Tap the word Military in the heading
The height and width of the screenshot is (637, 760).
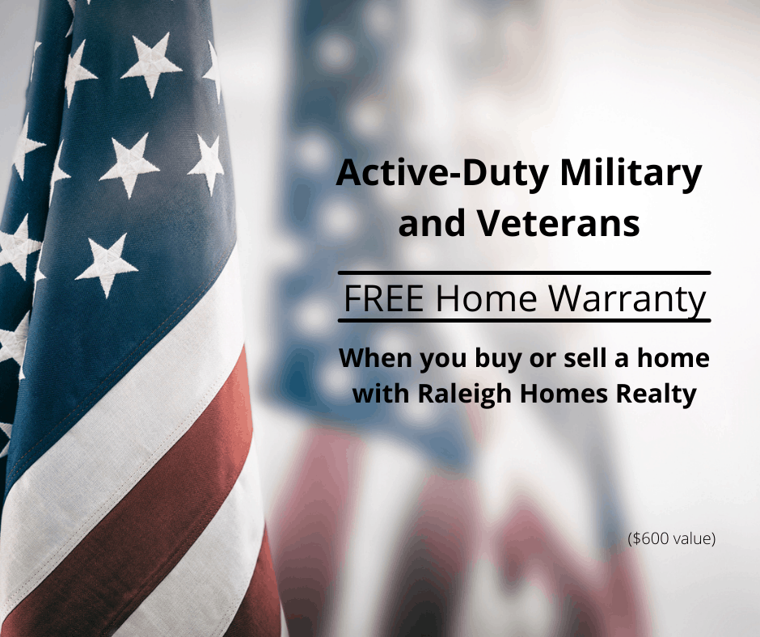(631, 173)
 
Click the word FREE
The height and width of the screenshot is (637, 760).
(384, 298)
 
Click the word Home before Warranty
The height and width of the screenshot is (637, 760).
(486, 298)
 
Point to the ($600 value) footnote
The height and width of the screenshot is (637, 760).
(671, 538)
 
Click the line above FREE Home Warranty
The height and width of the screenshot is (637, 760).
(525, 273)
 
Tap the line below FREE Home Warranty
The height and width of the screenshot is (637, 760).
(525, 320)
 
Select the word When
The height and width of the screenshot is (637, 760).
(375, 358)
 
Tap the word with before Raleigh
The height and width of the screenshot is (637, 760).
(382, 393)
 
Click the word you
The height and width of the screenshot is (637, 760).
(443, 360)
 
